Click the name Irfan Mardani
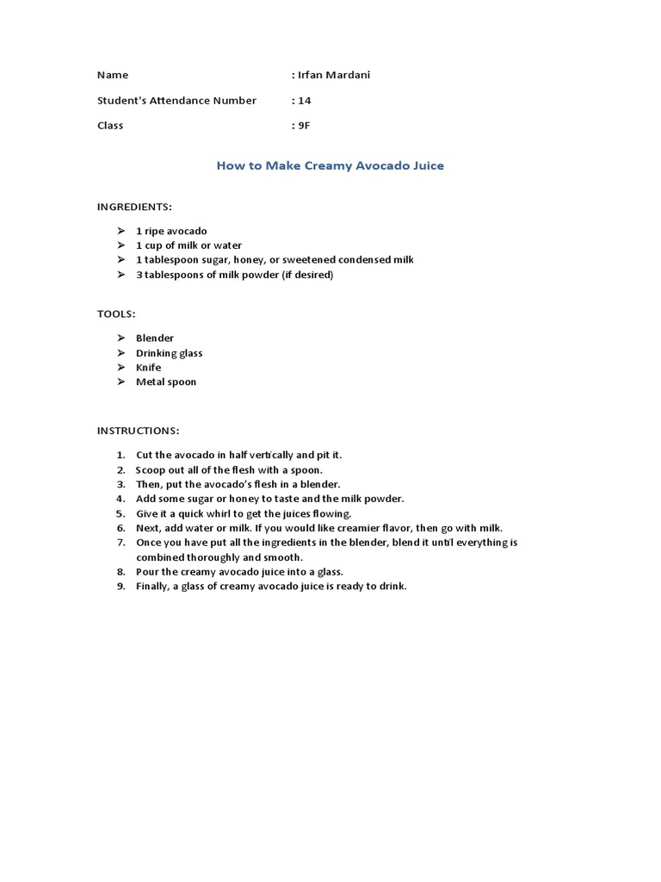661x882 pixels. pyautogui.click(x=333, y=75)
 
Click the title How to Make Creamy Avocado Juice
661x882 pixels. pyautogui.click(x=330, y=165)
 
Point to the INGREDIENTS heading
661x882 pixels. pyautogui.click(x=134, y=208)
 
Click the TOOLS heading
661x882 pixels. pyautogui.click(x=115, y=314)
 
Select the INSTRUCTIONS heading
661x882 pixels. pyautogui.click(x=138, y=430)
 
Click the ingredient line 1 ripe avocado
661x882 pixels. pyautogui.click(x=171, y=231)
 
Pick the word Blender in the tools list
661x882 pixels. pyautogui.click(x=155, y=339)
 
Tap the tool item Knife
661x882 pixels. pyautogui.click(x=148, y=367)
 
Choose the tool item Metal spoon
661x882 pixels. pyautogui.click(x=166, y=382)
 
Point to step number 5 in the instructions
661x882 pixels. pyautogui.click(x=120, y=513)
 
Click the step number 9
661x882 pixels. pyautogui.click(x=120, y=587)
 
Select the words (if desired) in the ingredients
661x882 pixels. pyautogui.click(x=306, y=275)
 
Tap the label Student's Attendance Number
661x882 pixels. pyautogui.click(x=176, y=100)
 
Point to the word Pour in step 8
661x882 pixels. pyautogui.click(x=147, y=572)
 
